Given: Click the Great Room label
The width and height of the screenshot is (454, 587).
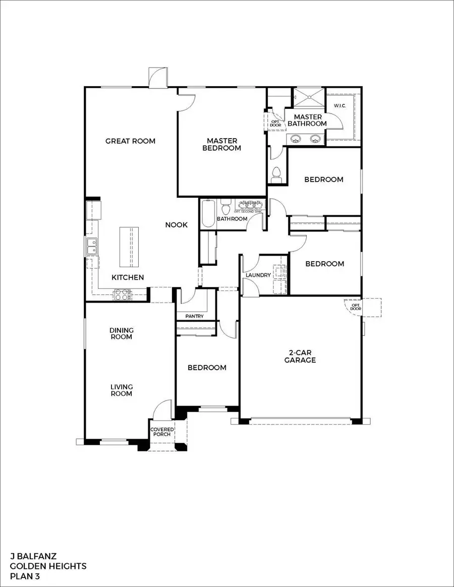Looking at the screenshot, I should pos(130,141).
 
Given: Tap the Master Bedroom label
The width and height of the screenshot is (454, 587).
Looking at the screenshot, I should pos(221,144).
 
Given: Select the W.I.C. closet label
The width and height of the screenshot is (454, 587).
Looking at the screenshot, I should pos(338,106).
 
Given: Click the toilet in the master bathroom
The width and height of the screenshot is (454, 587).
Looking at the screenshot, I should pos(276,174).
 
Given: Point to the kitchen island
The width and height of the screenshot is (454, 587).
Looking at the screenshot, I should pos(129,247).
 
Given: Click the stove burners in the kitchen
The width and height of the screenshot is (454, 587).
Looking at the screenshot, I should pos(122,295).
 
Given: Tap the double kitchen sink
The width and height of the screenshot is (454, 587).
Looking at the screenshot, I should pos(92,247).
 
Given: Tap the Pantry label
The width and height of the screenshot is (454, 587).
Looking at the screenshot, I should pos(194,317).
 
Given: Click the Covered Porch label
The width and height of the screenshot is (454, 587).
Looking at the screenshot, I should pos(162,432).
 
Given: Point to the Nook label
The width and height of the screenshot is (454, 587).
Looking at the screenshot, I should pos(177,225).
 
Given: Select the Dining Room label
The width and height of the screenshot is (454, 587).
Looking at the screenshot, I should pos(121,333).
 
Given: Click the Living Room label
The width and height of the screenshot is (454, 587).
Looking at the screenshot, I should pos(121,390).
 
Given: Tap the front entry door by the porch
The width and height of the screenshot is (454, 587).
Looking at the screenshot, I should pos(162,409).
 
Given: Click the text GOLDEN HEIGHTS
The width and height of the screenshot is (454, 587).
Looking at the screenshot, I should pos(48,566).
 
